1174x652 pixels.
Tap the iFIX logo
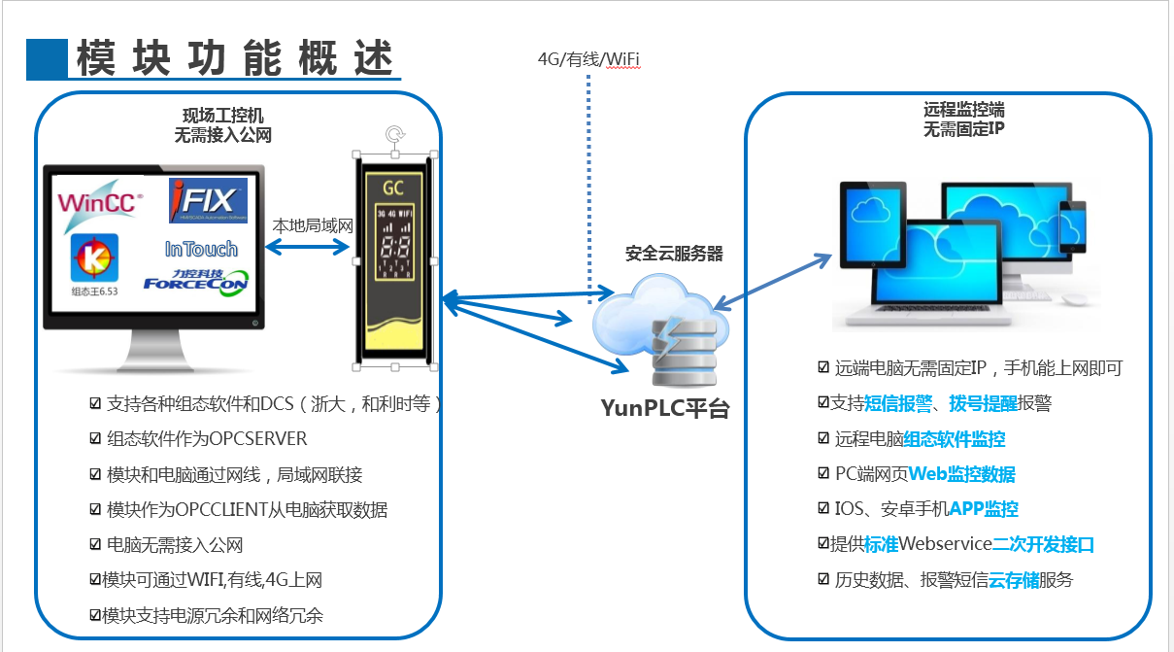[x=208, y=200]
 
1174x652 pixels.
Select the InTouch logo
[x=201, y=250]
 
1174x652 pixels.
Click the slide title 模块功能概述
[x=233, y=59]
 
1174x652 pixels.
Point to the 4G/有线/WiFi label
[x=588, y=59]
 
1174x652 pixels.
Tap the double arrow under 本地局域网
[x=307, y=247]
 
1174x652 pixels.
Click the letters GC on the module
[x=393, y=187]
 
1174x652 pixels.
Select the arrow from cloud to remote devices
[x=773, y=283]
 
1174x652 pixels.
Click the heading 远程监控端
[x=963, y=111]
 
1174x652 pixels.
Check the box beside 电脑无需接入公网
[x=95, y=545]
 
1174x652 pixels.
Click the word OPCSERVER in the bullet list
[x=257, y=439]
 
